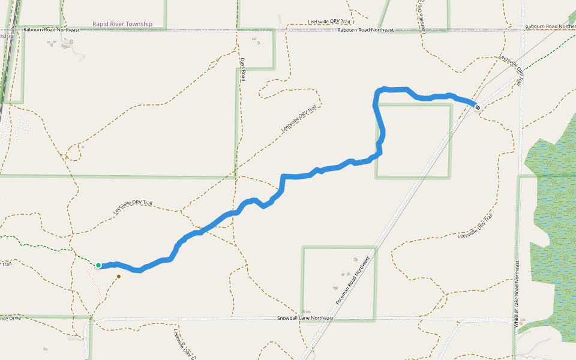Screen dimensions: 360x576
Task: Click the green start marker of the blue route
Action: [x=98, y=265]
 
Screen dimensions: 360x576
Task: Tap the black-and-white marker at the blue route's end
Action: [x=478, y=107]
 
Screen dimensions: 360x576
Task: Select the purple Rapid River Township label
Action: [x=122, y=24]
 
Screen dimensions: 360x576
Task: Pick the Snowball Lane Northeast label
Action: [x=305, y=318]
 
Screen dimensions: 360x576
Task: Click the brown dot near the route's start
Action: [x=119, y=276]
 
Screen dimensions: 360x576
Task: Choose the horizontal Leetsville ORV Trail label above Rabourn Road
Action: [x=329, y=22]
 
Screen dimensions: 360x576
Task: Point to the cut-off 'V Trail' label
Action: [x=5, y=263]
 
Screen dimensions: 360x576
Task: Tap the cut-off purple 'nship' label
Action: [x=7, y=35]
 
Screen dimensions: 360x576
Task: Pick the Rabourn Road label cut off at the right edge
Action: [x=550, y=27]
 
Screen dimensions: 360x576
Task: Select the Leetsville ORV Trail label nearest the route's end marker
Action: [x=509, y=69]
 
